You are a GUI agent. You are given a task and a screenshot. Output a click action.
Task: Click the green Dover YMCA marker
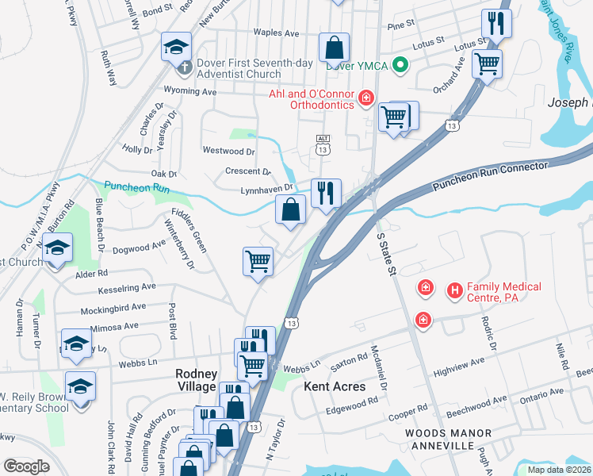(x=401, y=65)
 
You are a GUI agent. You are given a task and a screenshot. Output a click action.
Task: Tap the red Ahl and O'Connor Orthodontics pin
(x=365, y=98)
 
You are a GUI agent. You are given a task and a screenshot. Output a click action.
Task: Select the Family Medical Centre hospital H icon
(x=455, y=291)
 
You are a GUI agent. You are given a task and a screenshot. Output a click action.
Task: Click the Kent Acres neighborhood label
(x=335, y=386)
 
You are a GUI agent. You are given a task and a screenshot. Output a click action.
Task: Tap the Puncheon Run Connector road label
(x=490, y=176)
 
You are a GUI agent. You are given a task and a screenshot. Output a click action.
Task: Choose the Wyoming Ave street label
(x=189, y=92)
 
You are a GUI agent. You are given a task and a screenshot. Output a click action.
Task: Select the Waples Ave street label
(x=276, y=33)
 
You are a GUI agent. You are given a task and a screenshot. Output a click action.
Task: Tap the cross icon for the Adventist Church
(x=183, y=68)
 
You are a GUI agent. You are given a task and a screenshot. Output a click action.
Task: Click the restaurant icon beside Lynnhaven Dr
(x=326, y=193)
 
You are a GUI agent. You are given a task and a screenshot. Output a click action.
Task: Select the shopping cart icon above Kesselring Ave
(x=258, y=261)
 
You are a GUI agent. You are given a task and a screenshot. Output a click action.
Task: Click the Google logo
(x=26, y=466)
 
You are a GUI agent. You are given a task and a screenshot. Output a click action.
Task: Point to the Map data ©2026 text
(x=559, y=470)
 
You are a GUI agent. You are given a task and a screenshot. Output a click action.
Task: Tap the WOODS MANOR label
(x=447, y=433)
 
